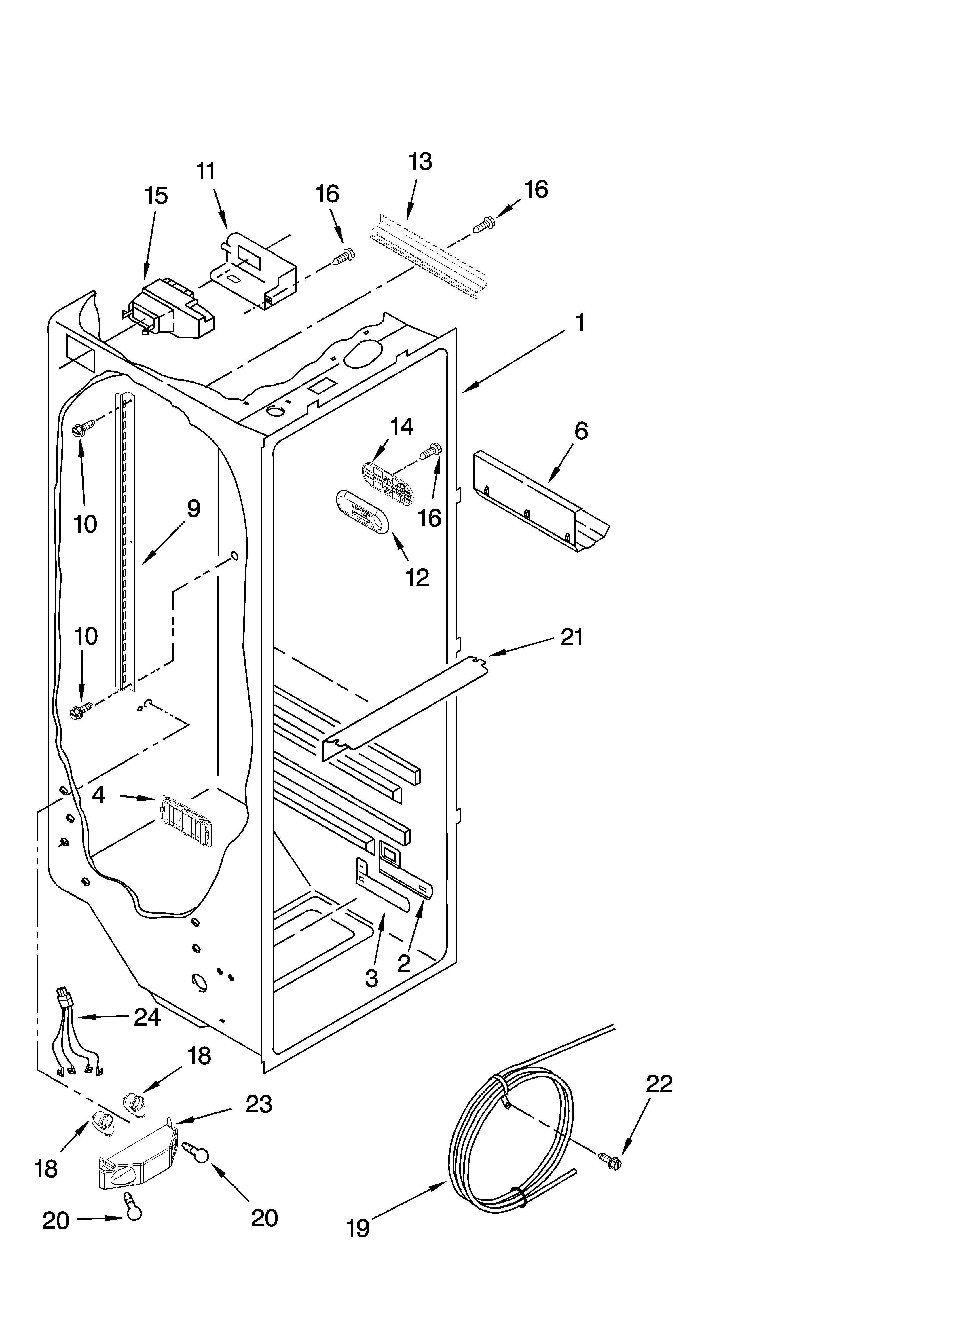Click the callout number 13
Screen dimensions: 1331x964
click(420, 162)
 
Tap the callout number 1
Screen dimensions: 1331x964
click(579, 323)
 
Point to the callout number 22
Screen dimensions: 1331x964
click(659, 1084)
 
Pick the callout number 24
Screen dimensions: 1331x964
click(147, 1017)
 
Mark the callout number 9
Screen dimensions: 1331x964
click(194, 508)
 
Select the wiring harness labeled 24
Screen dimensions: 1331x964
click(79, 1039)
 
